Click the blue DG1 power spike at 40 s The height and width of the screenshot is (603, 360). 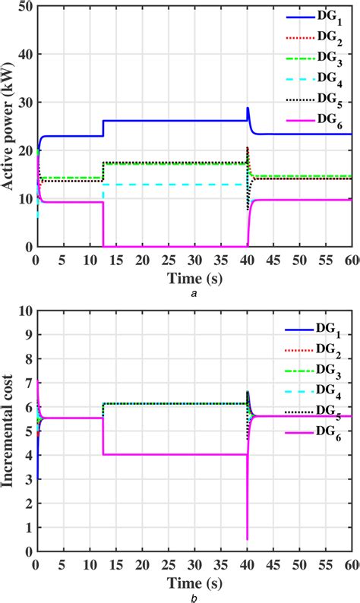248,109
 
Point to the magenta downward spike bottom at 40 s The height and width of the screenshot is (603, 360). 248,539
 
